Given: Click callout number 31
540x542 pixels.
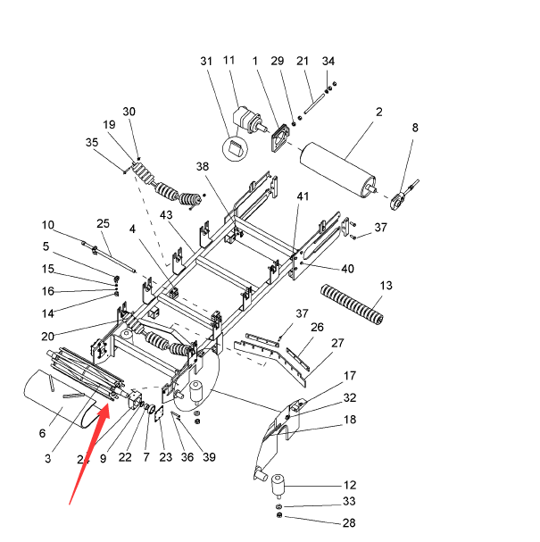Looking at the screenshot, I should pyautogui.click(x=206, y=61).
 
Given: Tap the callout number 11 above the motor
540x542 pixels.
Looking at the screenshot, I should pyautogui.click(x=228, y=61).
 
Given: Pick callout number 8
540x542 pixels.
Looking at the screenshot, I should pyautogui.click(x=414, y=129).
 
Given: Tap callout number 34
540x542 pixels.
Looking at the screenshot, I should pyautogui.click(x=328, y=61).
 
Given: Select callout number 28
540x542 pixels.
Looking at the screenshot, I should pyautogui.click(x=349, y=522).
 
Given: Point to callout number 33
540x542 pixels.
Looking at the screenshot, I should pyautogui.click(x=349, y=501).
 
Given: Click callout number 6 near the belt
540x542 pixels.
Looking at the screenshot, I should pyautogui.click(x=42, y=434).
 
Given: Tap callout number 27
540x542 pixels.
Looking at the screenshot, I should pyautogui.click(x=337, y=343).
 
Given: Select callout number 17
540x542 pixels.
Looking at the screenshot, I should pyautogui.click(x=350, y=376).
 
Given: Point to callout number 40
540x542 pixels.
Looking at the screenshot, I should pyautogui.click(x=347, y=268).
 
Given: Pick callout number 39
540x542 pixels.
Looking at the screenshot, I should pyautogui.click(x=209, y=458).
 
